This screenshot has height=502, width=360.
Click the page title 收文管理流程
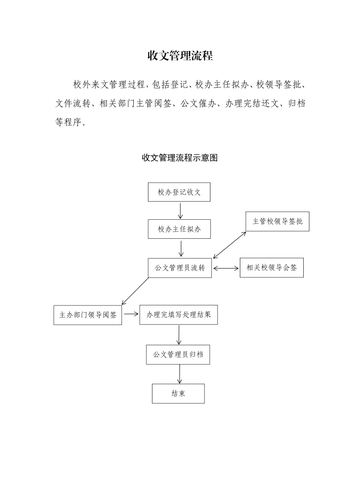pyautogui.click(x=180, y=56)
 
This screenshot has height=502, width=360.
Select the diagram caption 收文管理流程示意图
pyautogui.click(x=180, y=158)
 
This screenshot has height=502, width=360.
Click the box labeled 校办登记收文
pyautogui.click(x=179, y=192)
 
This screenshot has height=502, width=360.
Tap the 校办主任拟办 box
pyautogui.click(x=180, y=229)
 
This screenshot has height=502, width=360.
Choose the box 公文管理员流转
pyautogui.click(x=180, y=268)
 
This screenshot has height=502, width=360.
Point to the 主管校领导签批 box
pyautogui.click(x=277, y=221)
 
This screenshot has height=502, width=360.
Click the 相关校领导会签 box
pyautogui.click(x=272, y=268)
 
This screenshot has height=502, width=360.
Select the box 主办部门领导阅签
pyautogui.click(x=88, y=315)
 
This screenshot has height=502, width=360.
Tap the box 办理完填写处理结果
pyautogui.click(x=179, y=315)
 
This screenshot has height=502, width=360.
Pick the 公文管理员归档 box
pyautogui.click(x=178, y=354)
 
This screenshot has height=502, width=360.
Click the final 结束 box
pyautogui.click(x=178, y=393)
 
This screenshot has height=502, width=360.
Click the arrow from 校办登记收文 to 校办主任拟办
pyautogui.click(x=180, y=211)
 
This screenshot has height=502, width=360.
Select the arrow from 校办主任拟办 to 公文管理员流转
pyautogui.click(x=181, y=248)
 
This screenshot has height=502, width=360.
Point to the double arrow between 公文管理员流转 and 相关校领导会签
pyautogui.click(x=226, y=268)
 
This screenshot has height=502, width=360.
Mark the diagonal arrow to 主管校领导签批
pyautogui.click(x=229, y=245)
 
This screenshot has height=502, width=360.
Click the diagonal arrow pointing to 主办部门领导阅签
pyautogui.click(x=135, y=291)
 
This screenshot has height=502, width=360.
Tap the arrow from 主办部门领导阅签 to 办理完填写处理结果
pyautogui.click(x=131, y=314)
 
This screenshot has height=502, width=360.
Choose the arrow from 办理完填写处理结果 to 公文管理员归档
pyautogui.click(x=179, y=335)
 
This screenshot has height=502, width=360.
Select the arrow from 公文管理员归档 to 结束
pyautogui.click(x=180, y=374)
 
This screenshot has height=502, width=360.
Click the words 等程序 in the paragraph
pyautogui.click(x=68, y=122)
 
